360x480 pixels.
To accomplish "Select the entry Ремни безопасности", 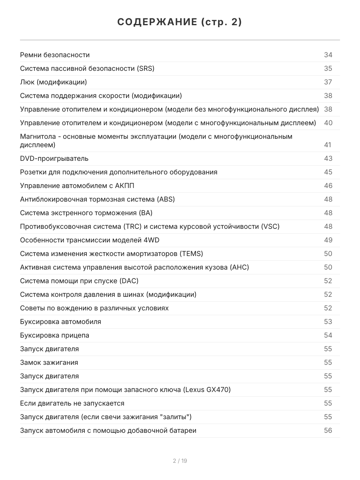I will [x=55, y=55].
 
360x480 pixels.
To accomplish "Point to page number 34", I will [x=328, y=55].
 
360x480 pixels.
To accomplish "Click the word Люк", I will [x=27, y=82].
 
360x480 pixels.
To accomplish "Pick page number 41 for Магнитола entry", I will [x=328, y=145].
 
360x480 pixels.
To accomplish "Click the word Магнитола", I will [x=37, y=136].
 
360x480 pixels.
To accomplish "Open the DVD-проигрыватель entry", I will [x=54, y=158].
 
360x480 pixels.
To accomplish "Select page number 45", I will [x=328, y=172].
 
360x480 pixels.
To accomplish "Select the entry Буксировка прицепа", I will [x=54, y=335].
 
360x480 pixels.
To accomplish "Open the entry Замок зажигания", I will [x=49, y=362].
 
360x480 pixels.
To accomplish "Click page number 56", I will [x=328, y=430].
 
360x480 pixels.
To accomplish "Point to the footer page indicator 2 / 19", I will [x=180, y=461].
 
